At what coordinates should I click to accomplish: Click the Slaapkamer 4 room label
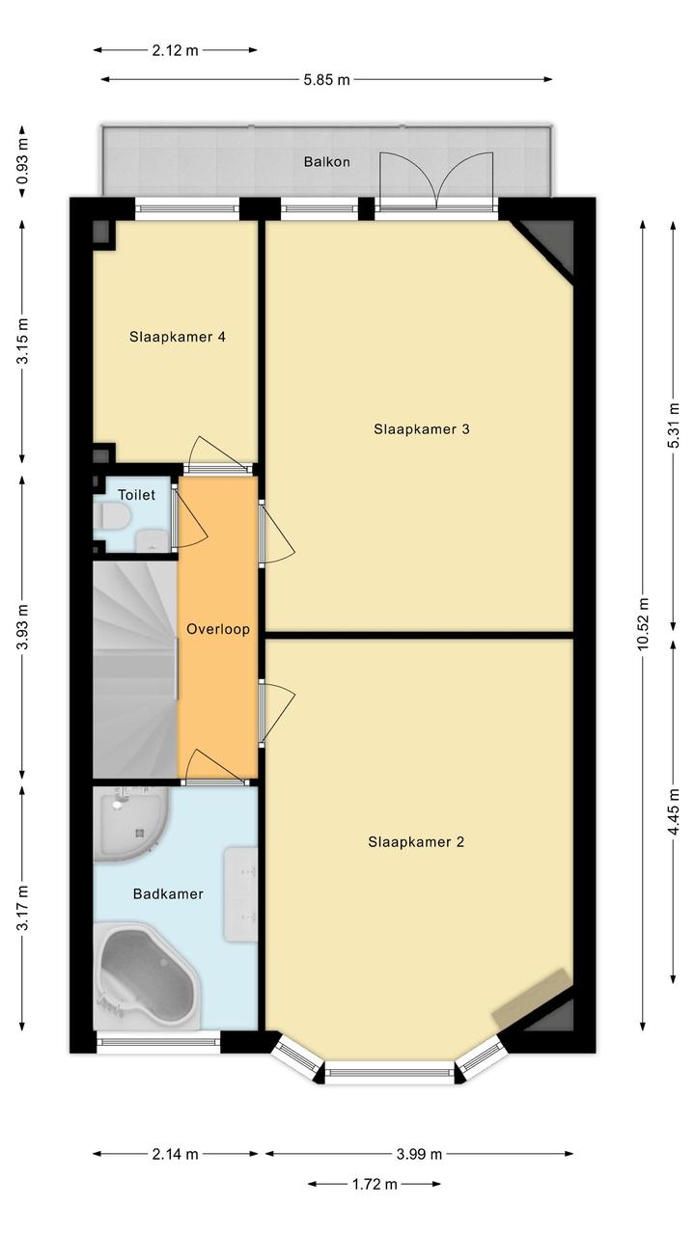tap(177, 337)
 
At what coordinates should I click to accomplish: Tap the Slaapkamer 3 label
tap(421, 429)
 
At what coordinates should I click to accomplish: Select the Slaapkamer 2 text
tap(416, 841)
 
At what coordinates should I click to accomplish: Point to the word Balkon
tap(327, 162)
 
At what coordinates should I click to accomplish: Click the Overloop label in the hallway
tap(218, 629)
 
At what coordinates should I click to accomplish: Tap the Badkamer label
tap(168, 893)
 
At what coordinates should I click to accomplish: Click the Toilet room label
tap(136, 495)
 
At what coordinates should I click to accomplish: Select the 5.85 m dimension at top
tap(326, 80)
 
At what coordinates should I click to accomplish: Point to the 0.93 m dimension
tap(22, 162)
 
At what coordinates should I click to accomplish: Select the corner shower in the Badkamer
tap(130, 824)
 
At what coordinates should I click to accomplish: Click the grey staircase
tap(135, 670)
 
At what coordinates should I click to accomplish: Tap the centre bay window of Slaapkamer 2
tap(389, 1072)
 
